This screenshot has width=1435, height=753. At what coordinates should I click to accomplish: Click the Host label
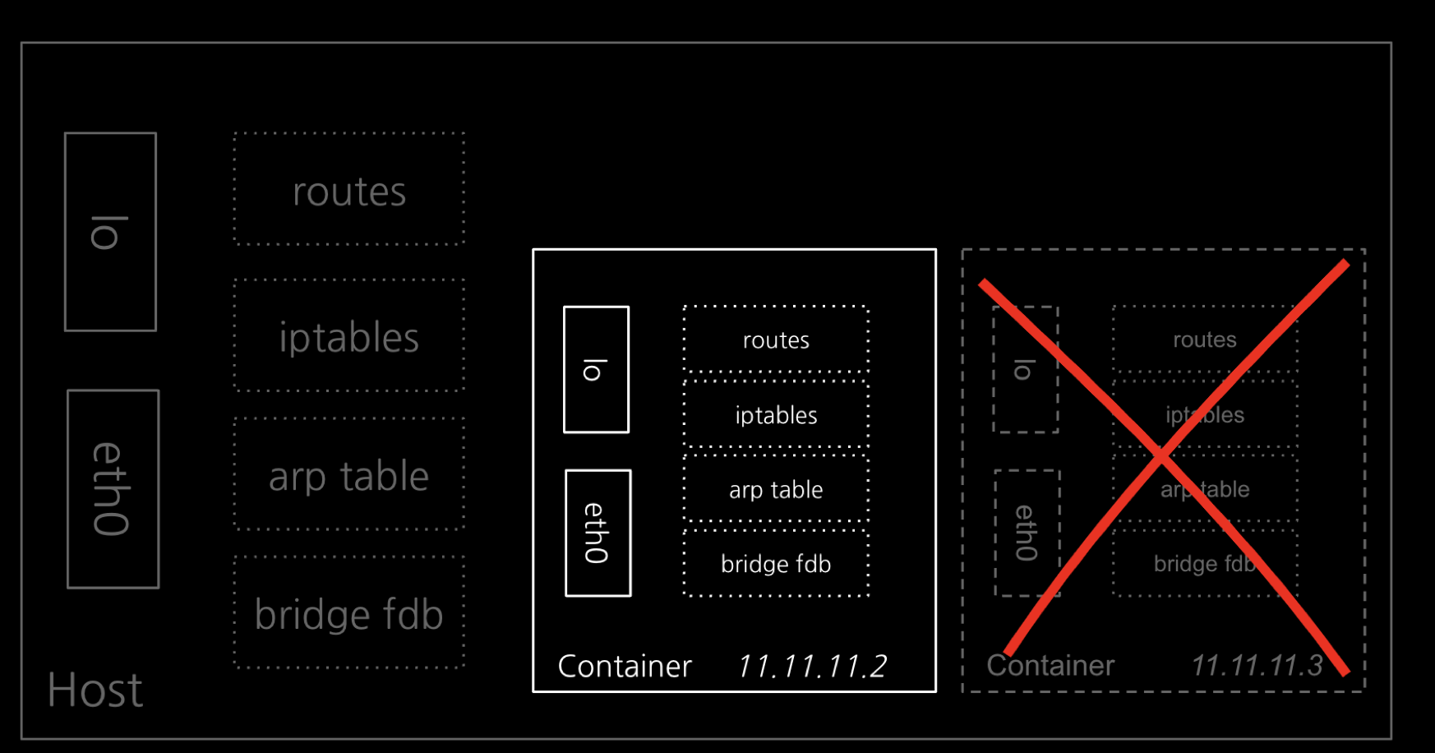click(x=95, y=690)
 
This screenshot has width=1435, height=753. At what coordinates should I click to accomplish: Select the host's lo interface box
click(x=110, y=232)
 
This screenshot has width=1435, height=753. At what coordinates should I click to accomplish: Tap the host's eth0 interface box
click(x=113, y=489)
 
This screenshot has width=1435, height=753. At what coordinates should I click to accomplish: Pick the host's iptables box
click(x=349, y=335)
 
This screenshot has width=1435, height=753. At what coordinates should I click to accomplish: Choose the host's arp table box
click(x=349, y=474)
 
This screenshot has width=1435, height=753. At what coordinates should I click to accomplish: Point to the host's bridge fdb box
click(x=349, y=612)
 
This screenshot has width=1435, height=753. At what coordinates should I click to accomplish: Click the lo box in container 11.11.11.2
click(x=596, y=369)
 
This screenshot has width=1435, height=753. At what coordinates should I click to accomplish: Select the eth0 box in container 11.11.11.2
click(x=598, y=533)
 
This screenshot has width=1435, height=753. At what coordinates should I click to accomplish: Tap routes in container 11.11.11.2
click(x=776, y=340)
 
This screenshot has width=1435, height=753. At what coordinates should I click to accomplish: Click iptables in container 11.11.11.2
click(x=776, y=414)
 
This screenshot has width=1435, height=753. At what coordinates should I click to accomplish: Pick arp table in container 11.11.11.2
click(x=776, y=489)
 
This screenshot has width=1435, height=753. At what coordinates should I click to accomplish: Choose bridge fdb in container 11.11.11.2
click(x=776, y=563)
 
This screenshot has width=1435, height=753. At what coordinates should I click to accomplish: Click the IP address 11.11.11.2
click(x=812, y=666)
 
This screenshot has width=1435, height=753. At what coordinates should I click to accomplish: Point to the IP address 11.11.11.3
click(x=1257, y=665)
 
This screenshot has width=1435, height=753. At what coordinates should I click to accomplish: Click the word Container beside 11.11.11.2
click(x=625, y=666)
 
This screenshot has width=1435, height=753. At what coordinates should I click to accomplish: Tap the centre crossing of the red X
click(x=1161, y=457)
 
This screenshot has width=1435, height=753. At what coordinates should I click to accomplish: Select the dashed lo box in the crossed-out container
click(x=1025, y=369)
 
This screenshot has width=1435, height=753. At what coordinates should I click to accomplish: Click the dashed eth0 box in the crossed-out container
click(x=1027, y=533)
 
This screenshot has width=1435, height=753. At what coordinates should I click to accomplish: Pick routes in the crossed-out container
click(x=1205, y=339)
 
